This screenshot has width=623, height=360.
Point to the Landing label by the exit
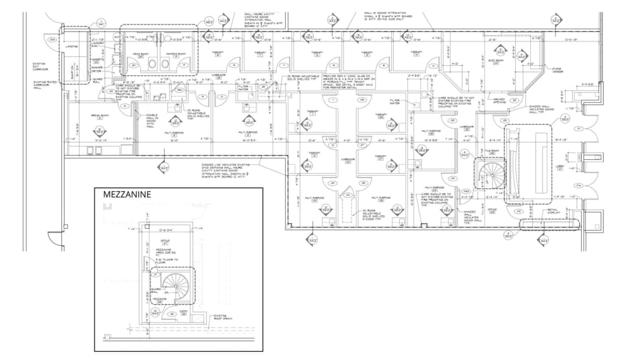tap(70, 45)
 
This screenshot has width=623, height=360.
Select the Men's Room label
tap(140, 54)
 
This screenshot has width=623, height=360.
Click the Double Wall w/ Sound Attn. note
tap(152, 119)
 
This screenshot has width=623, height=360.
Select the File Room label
tap(493, 151)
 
